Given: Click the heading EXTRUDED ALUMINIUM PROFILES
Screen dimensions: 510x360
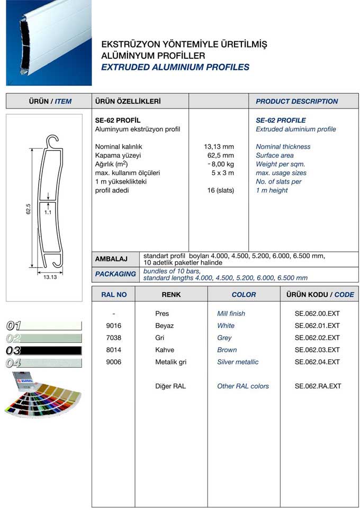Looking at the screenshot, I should (x=175, y=67).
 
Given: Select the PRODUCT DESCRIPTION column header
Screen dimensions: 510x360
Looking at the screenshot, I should (x=296, y=101).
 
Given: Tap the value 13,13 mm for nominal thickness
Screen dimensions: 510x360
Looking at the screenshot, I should (x=219, y=147).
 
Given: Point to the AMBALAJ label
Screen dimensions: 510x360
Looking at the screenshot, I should (x=111, y=259).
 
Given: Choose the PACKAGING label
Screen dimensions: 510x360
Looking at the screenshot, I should (x=115, y=274).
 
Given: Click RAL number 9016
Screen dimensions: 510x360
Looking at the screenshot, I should (x=114, y=325).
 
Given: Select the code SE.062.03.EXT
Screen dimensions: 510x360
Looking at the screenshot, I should (x=317, y=350).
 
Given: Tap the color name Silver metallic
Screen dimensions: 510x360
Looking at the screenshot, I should (x=238, y=362).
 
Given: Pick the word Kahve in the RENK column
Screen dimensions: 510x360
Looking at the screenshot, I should (x=165, y=350).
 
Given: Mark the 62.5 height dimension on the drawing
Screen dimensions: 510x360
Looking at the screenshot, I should (x=29, y=209).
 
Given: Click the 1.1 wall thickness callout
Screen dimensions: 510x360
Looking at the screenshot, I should (x=48, y=212).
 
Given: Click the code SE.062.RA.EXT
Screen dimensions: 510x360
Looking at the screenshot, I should (x=318, y=386).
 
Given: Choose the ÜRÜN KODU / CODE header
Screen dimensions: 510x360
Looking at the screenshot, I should (x=320, y=295).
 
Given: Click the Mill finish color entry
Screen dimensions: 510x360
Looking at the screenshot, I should (x=231, y=313).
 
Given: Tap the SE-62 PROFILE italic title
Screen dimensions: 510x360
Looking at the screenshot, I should (x=281, y=120).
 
